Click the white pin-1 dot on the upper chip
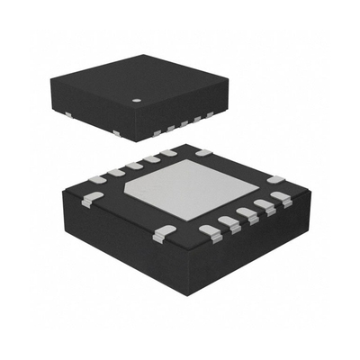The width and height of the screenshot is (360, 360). (138, 101)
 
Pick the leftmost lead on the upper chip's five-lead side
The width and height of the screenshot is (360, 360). (159, 130)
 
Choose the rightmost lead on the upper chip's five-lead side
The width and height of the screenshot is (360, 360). (209, 115)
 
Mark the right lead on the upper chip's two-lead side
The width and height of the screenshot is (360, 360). (117, 133)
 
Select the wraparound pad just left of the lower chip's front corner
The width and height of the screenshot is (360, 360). (161, 235)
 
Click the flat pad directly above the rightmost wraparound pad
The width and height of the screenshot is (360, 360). (276, 181)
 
